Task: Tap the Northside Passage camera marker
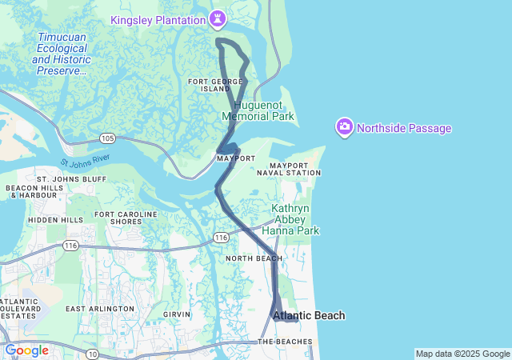click(345, 127)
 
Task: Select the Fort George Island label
click(209, 85)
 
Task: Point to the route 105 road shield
click(108, 138)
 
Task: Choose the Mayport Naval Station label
click(294, 169)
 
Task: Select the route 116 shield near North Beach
click(221, 238)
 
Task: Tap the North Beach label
click(253, 258)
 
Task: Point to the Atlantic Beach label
click(310, 316)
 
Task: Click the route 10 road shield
click(93, 354)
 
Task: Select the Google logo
click(26, 350)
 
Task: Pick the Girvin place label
click(177, 315)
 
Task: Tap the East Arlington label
click(100, 309)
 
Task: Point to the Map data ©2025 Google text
click(462, 354)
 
